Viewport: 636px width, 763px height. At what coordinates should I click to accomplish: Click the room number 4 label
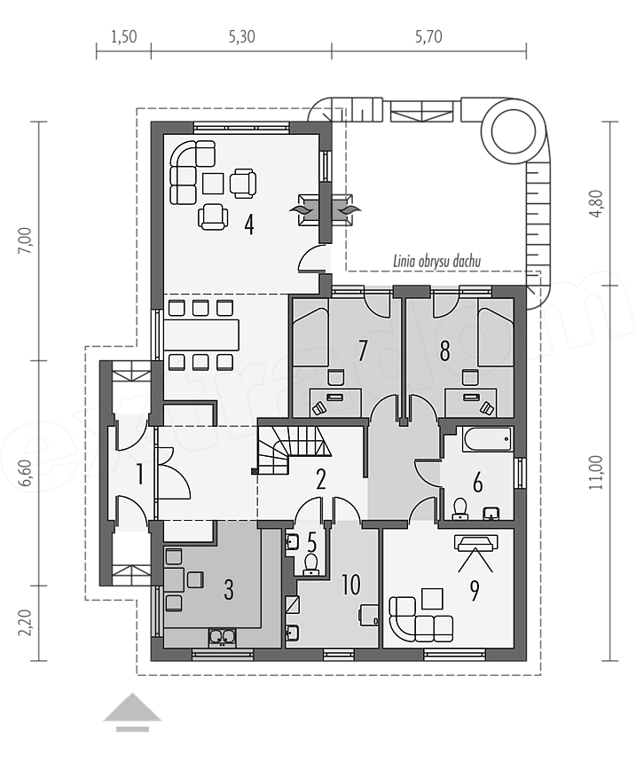click(249, 224)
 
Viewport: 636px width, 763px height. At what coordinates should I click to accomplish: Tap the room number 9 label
click(474, 590)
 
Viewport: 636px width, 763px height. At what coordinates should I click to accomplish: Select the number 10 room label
click(351, 585)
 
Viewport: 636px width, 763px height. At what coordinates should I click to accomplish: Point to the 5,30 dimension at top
click(242, 37)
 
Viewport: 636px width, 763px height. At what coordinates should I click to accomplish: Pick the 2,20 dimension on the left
click(26, 622)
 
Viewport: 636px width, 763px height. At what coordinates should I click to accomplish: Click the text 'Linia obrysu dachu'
click(437, 262)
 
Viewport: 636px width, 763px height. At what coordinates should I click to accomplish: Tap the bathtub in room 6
click(488, 439)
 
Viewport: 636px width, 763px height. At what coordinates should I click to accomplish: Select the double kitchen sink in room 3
click(223, 636)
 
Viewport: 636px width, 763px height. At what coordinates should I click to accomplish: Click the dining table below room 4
click(201, 335)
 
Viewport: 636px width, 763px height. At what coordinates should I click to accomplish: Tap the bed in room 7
click(309, 336)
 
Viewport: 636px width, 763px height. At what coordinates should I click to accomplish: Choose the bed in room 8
click(495, 336)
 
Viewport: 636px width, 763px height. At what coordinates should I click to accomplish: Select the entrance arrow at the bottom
click(132, 712)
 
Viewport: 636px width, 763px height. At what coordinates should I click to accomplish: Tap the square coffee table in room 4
click(213, 184)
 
